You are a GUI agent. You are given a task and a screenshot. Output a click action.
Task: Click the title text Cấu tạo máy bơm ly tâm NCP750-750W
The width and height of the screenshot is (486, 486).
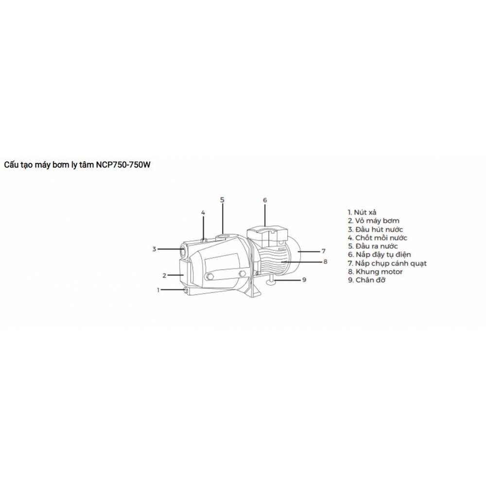pos(77,165)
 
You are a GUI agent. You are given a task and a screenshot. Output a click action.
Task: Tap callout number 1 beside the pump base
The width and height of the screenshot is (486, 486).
pos(158,290)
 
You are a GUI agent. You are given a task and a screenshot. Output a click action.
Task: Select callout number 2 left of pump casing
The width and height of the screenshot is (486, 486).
pos(165,275)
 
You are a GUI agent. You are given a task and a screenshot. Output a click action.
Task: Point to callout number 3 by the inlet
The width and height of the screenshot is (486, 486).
pos(154,249)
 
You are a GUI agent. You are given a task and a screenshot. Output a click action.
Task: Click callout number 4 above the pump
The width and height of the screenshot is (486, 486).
pos(203,213)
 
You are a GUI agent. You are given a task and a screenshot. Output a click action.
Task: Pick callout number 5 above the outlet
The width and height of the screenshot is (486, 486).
pos(222,200)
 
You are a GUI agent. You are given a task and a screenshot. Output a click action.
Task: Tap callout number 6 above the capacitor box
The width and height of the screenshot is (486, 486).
pos(265,200)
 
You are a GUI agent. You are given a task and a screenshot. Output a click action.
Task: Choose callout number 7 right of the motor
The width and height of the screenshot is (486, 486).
pos(324,251)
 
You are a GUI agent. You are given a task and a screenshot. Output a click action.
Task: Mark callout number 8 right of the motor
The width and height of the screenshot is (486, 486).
pos(325,261)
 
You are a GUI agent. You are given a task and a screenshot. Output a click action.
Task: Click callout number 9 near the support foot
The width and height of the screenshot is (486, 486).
pos(304,279)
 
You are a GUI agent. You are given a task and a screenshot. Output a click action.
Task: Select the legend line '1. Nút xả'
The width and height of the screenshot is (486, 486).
pos(362,212)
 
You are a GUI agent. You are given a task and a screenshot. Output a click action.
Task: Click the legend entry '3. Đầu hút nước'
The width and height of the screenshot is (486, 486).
pos(375,229)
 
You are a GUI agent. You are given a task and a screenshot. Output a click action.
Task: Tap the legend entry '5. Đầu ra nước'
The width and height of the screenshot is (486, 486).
pos(373,246)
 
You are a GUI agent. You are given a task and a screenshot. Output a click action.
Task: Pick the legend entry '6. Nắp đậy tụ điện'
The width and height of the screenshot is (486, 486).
pos(380,255)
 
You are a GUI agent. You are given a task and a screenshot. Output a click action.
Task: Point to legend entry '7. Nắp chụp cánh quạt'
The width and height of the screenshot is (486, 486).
pos(387,263)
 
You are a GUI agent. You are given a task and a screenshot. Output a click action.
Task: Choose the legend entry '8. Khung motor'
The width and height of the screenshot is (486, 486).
pos(375,272)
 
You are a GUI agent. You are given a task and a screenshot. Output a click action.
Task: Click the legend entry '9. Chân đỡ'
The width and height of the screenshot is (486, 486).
pos(366,280)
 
